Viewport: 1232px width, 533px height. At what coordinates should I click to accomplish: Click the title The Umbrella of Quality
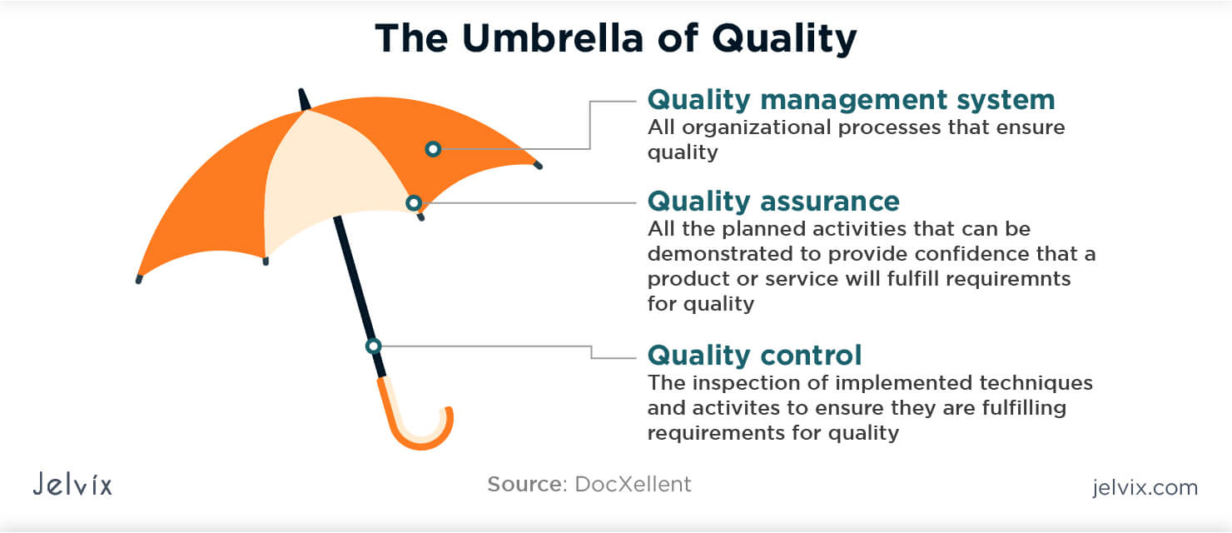[615, 38]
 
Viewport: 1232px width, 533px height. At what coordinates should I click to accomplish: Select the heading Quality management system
[851, 100]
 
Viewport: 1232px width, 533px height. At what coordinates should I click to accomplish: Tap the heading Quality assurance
[773, 202]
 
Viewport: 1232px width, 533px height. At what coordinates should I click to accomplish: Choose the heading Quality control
[754, 356]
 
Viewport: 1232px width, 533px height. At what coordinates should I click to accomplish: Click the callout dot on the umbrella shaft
[374, 346]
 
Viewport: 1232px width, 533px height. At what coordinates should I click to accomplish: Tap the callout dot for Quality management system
[432, 149]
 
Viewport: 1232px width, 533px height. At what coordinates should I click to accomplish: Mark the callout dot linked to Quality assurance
[413, 202]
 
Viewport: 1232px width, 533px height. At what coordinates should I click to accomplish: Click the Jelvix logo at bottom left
[72, 485]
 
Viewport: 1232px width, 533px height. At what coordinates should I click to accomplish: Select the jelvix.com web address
[1145, 487]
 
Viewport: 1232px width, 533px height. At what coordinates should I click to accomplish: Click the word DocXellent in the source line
[633, 484]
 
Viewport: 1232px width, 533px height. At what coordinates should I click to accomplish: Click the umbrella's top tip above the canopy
[303, 96]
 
